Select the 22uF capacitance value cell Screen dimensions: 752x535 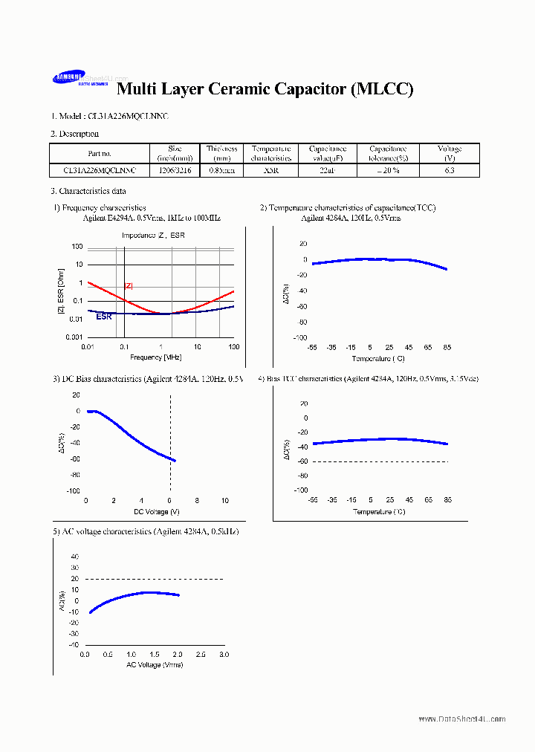[x=322, y=170]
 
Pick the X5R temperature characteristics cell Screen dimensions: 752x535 [x=270, y=170]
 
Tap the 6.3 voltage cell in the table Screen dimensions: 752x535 [x=449, y=170]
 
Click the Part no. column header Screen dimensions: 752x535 [x=99, y=154]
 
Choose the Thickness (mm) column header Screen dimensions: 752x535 [x=221, y=154]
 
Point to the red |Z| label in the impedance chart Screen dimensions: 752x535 [x=129, y=286]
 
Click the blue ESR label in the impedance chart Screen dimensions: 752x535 [x=104, y=317]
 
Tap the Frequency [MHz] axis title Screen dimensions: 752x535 [x=160, y=357]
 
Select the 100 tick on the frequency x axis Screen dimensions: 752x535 [x=233, y=347]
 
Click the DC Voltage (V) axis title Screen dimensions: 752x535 [x=156, y=511]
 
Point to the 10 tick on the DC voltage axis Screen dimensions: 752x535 [x=225, y=501]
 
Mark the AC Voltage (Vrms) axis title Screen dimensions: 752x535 [x=155, y=664]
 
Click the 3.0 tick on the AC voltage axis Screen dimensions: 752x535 [x=224, y=655]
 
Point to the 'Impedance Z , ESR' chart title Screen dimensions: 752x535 [x=154, y=236]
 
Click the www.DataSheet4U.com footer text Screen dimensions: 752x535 [x=461, y=719]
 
